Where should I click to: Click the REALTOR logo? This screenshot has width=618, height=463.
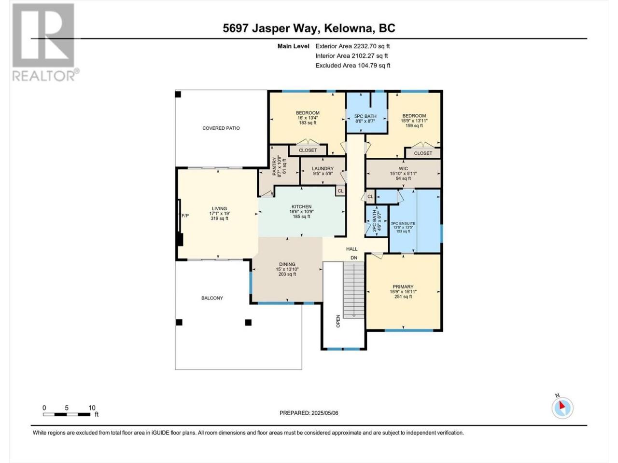pyautogui.click(x=45, y=42)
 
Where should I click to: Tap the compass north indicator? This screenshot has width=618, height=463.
pyautogui.click(x=562, y=408)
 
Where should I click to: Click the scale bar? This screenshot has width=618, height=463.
pyautogui.click(x=67, y=414)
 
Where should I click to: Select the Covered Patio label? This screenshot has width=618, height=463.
pyautogui.click(x=221, y=128)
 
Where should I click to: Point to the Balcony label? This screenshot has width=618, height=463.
pyautogui.click(x=212, y=298)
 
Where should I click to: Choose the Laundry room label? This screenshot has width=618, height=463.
pyautogui.click(x=323, y=168)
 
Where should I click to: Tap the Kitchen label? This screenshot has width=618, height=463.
pyautogui.click(x=302, y=206)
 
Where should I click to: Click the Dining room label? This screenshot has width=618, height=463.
pyautogui.click(x=287, y=264)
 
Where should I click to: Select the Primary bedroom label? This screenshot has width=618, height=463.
pyautogui.click(x=403, y=287)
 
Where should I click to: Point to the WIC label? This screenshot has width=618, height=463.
pyautogui.click(x=403, y=169)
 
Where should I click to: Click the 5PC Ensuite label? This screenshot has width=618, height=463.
pyautogui.click(x=403, y=223)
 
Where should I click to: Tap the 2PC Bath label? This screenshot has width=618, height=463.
pyautogui.click(x=374, y=221)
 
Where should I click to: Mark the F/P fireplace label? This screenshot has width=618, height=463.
pyautogui.click(x=185, y=216)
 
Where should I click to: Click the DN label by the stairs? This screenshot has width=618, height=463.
pyautogui.click(x=353, y=258)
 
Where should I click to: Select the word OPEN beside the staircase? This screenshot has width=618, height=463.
pyautogui.click(x=338, y=321)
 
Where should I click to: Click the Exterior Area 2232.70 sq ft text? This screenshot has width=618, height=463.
pyautogui.click(x=352, y=46)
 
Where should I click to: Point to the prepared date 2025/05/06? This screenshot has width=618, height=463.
pyautogui.click(x=324, y=413)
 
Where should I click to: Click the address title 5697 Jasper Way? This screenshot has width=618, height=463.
pyautogui.click(x=271, y=28)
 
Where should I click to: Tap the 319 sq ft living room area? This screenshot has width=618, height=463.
pyautogui.click(x=219, y=218)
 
